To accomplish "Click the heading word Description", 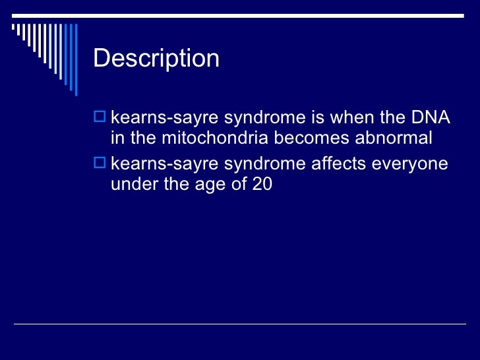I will [x=156, y=59].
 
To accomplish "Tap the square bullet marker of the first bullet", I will [x=100, y=119].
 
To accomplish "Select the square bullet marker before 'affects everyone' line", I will [x=100, y=164].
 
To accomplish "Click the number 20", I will [x=261, y=184].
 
